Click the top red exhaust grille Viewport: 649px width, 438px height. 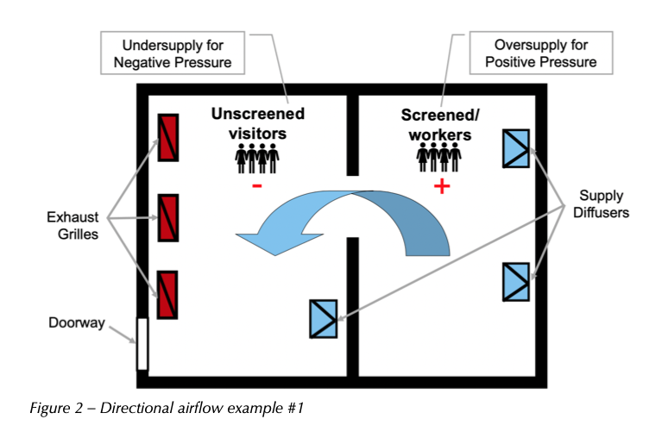pyautogui.click(x=168, y=138)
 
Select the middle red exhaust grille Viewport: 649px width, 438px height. pyautogui.click(x=168, y=218)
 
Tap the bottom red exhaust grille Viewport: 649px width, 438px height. pyautogui.click(x=167, y=295)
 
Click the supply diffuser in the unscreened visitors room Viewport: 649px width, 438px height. pyautogui.click(x=324, y=319)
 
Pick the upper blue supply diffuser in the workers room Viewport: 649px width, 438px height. pyautogui.click(x=516, y=148)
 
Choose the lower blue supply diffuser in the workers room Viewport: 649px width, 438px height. pyautogui.click(x=516, y=282)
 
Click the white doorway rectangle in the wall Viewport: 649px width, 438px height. pyautogui.click(x=142, y=344)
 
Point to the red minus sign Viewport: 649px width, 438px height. pyautogui.click(x=257, y=186)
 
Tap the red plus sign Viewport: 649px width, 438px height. pyautogui.click(x=442, y=186)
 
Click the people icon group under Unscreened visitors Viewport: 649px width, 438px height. pyautogui.click(x=257, y=158)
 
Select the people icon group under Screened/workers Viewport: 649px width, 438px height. pyautogui.click(x=438, y=157)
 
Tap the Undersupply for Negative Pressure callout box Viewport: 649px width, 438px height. pyautogui.click(x=173, y=53)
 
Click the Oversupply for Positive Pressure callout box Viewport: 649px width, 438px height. pyautogui.click(x=541, y=53)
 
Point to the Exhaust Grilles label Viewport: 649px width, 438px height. pyautogui.click(x=72, y=225)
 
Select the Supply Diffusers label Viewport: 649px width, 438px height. pyautogui.click(x=601, y=203)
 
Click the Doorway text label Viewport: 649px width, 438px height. pyautogui.click(x=77, y=322)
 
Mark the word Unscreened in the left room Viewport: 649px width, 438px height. pyautogui.click(x=258, y=114)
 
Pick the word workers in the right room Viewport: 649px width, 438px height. pyautogui.click(x=440, y=135)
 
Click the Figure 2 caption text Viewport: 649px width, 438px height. pyautogui.click(x=167, y=408)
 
